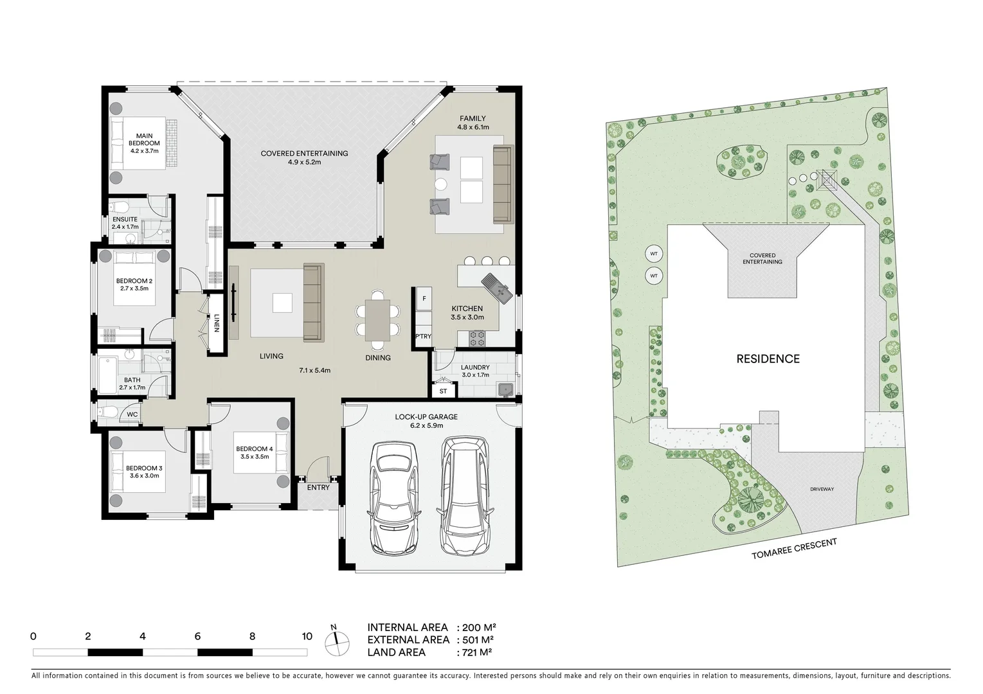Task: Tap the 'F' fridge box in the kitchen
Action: click(424, 299)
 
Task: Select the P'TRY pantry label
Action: click(423, 336)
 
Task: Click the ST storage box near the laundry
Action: click(443, 390)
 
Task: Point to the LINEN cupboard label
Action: click(217, 323)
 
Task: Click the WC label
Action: click(132, 414)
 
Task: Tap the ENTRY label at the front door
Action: click(318, 488)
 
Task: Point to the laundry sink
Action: click(505, 389)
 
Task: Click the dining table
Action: click(377, 319)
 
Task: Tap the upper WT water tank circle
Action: click(654, 254)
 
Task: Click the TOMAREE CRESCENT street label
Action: click(795, 548)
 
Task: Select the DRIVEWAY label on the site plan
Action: click(822, 489)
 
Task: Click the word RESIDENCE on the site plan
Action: click(768, 359)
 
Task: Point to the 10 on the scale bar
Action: click(307, 636)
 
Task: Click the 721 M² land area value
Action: click(474, 652)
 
